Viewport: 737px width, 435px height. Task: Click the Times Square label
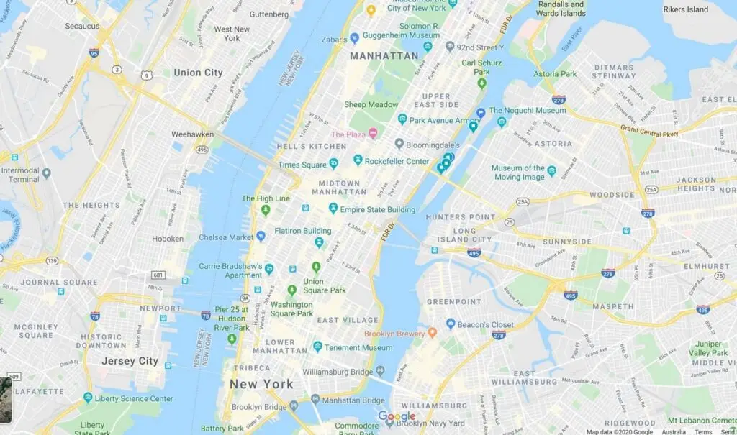point(299,165)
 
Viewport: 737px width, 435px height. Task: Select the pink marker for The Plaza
point(373,134)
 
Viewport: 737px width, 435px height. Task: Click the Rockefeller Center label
point(397,161)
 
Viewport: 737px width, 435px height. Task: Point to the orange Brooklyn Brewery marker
point(432,333)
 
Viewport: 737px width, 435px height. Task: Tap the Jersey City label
point(130,361)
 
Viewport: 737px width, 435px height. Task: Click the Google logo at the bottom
point(397,417)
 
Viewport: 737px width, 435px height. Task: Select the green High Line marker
point(266,210)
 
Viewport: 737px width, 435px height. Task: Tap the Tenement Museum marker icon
point(317,347)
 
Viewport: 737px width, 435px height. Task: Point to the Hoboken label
point(167,239)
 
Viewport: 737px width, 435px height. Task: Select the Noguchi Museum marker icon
point(481,112)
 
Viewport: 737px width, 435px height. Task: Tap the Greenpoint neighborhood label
point(453,301)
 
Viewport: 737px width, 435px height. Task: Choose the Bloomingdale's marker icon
point(399,144)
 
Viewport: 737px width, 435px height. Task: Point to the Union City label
point(198,73)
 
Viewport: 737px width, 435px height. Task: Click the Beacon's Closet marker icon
point(451,324)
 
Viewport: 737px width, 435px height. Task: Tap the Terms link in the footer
point(703,431)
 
